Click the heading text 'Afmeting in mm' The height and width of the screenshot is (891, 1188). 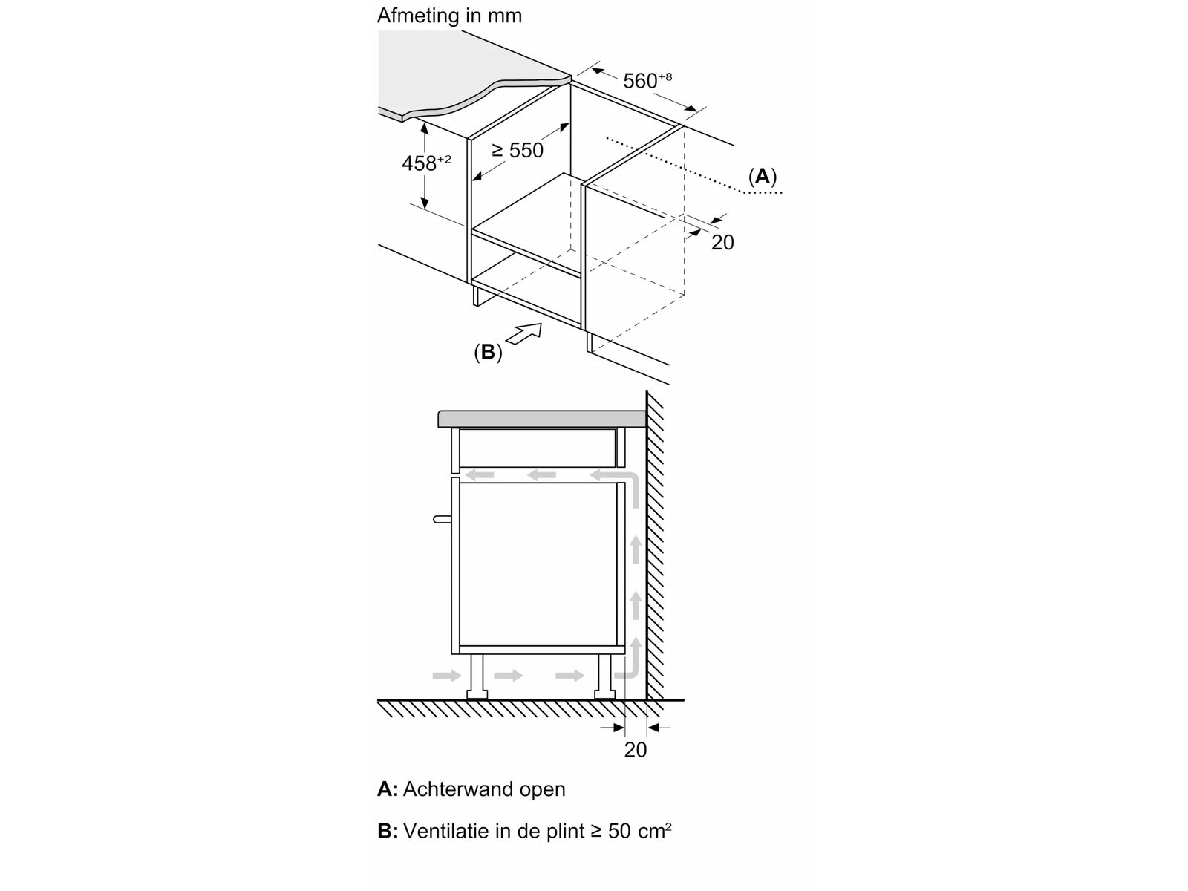pyautogui.click(x=449, y=16)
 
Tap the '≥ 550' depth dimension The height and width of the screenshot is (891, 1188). pyautogui.click(x=518, y=151)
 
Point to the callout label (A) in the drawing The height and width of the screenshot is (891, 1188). pyautogui.click(x=762, y=177)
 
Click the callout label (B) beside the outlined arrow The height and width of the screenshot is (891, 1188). pyautogui.click(x=488, y=353)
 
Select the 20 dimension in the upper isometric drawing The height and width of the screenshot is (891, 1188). pyautogui.click(x=722, y=242)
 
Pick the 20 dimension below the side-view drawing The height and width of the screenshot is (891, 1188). pyautogui.click(x=636, y=750)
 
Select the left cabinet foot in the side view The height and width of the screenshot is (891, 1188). pyautogui.click(x=476, y=676)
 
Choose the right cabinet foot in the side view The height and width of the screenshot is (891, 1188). pyautogui.click(x=604, y=676)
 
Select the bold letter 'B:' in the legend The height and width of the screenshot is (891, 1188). pyautogui.click(x=388, y=831)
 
